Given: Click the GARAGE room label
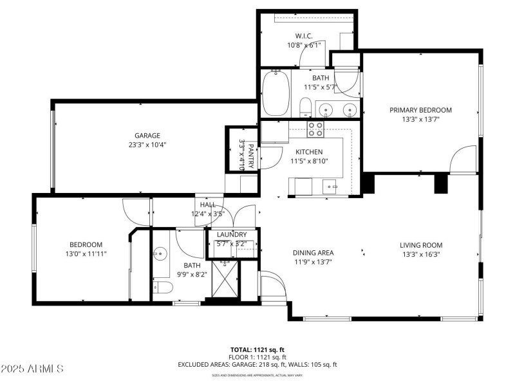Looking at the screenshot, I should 147,136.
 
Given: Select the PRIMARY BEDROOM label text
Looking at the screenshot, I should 420,110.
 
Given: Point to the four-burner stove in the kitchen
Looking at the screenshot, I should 315,129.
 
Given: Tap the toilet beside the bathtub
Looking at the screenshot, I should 306,107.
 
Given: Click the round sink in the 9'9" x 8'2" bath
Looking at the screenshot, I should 159,254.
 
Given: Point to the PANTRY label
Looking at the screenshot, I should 247,154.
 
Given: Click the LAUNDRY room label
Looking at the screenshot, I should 232,235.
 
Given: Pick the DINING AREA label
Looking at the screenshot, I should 313,253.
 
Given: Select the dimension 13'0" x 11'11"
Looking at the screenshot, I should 86,253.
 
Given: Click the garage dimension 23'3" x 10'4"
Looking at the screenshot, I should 147,145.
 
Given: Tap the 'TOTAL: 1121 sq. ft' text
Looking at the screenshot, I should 257,349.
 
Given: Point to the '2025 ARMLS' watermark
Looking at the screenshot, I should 32,369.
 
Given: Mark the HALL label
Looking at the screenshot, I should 207,205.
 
